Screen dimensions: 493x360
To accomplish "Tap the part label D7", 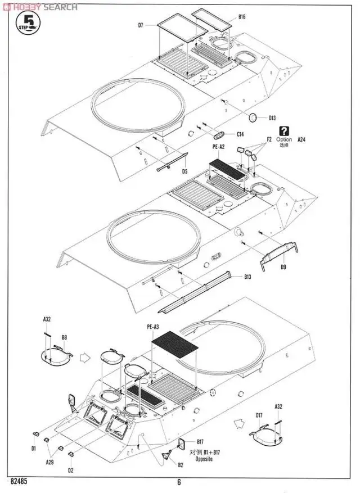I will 141,25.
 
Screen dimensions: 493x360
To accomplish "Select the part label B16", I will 242,17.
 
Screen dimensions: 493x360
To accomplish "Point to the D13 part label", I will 272,118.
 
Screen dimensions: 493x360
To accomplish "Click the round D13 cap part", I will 254,117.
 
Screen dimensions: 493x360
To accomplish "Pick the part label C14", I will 240,134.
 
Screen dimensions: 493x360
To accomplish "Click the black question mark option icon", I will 284,130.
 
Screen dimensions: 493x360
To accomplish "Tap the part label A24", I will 301,139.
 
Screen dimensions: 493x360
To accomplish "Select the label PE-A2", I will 218,147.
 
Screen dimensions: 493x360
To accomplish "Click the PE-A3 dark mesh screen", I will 175,351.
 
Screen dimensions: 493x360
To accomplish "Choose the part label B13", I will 248,277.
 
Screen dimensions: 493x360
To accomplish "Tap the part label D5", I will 184,171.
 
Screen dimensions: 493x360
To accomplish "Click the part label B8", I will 65,337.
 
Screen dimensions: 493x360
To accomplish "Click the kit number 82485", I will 20,482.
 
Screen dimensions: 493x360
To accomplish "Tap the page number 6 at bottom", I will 179,482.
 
